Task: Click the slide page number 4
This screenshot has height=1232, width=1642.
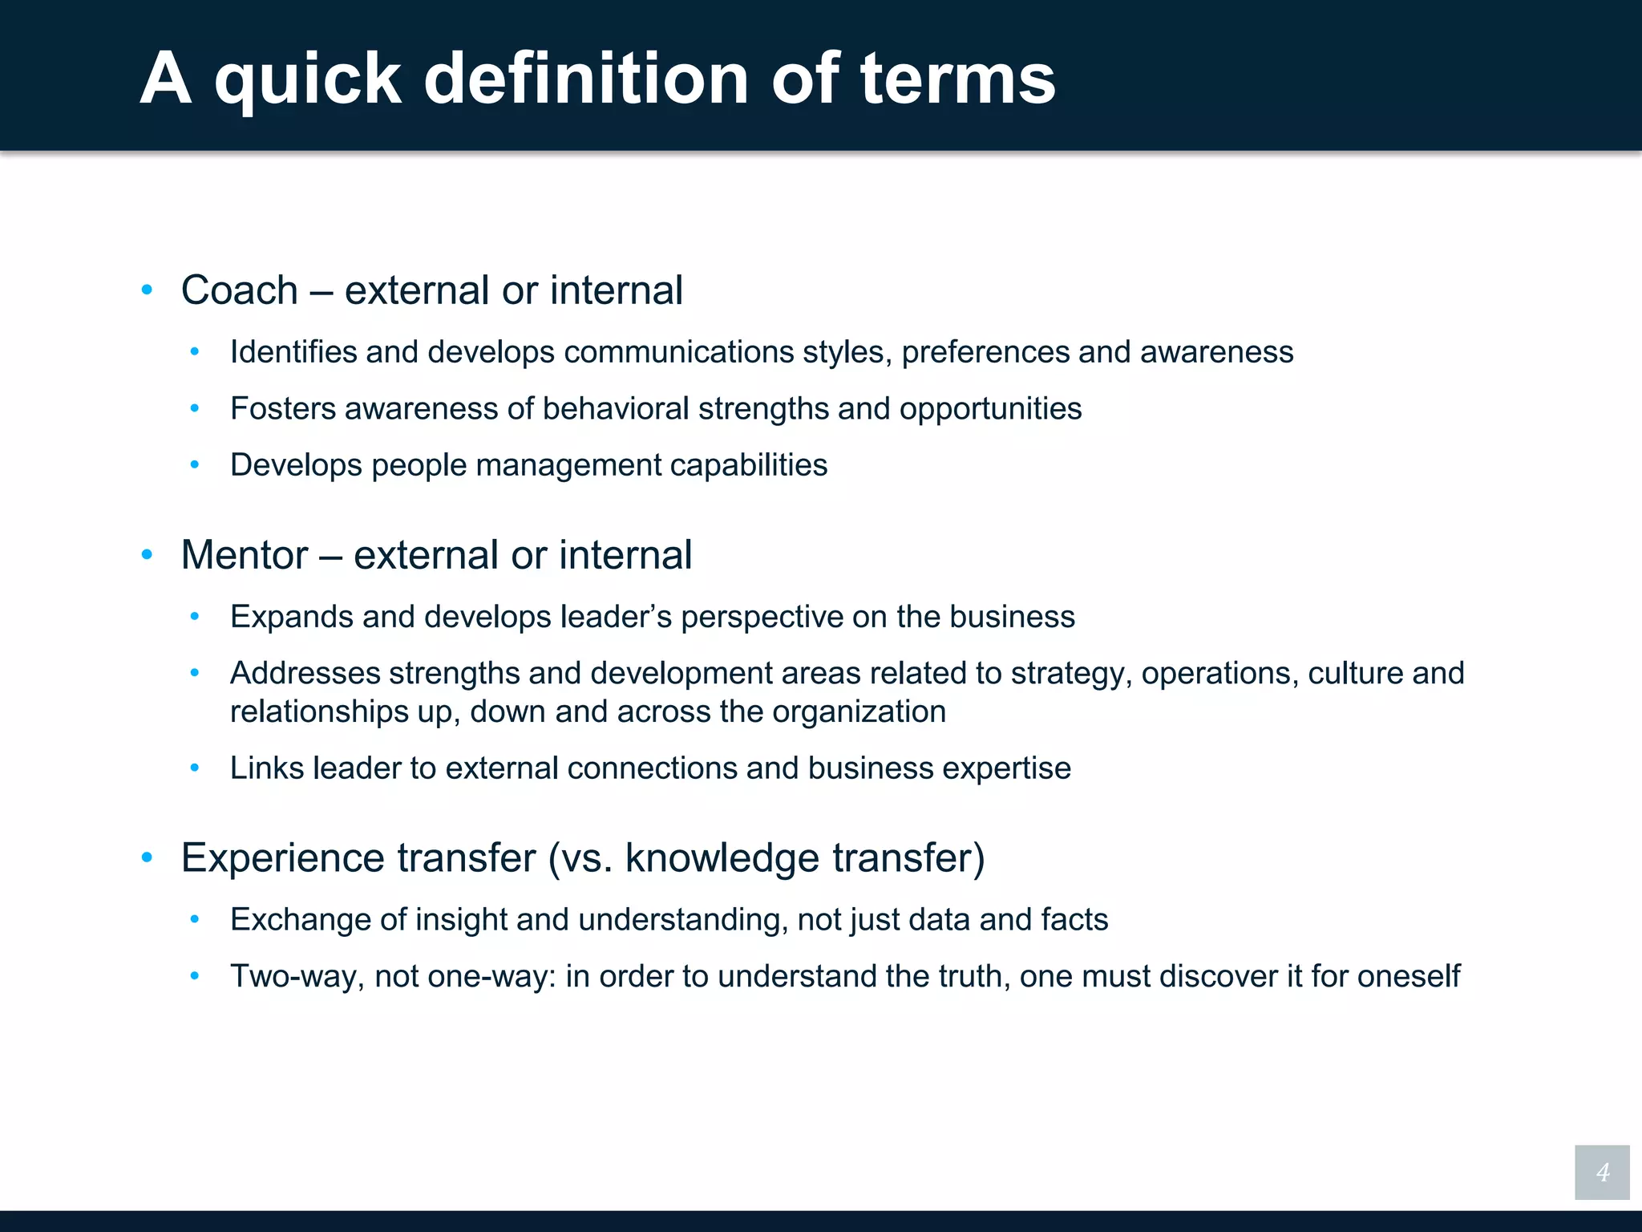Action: coord(1602,1173)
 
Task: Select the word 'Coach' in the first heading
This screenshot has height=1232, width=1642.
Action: coord(239,290)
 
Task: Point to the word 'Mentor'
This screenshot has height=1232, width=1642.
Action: coord(245,555)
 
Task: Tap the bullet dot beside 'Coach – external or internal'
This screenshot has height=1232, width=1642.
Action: coord(147,290)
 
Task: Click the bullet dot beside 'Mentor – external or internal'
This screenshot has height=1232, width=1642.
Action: coord(147,555)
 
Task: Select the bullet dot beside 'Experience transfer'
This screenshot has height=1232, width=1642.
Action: coord(147,857)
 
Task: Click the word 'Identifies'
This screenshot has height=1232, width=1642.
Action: coord(293,352)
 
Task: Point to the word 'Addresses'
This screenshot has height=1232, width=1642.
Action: coord(305,674)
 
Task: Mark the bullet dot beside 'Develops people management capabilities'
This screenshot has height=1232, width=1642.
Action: coord(194,465)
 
